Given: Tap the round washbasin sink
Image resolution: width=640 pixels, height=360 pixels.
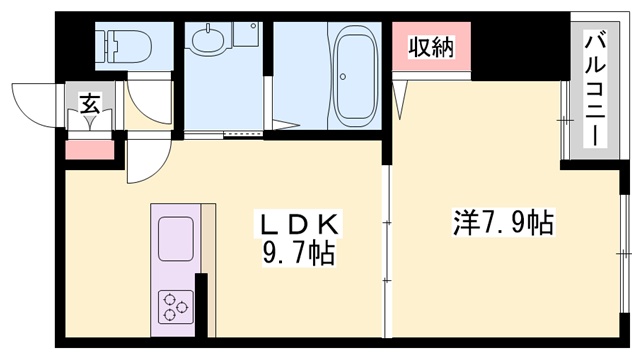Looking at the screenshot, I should click(x=207, y=44).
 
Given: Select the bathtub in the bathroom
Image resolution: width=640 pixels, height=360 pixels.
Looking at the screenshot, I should click(x=351, y=62).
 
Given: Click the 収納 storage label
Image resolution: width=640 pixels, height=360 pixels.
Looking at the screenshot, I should click(x=431, y=48).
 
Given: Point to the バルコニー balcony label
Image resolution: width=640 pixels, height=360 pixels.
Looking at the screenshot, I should click(x=594, y=90).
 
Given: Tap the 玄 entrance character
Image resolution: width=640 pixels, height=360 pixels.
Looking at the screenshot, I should click(x=89, y=102).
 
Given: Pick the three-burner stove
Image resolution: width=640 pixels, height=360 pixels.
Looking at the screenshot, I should click(x=176, y=304).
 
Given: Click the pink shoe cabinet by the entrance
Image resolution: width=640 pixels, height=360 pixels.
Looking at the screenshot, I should click(x=90, y=151).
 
